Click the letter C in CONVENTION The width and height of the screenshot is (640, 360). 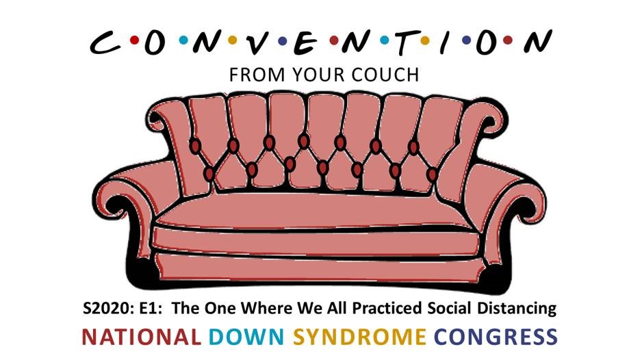tap(105, 42)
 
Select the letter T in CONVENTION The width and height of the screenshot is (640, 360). tap(405, 42)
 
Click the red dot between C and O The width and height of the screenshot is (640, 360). tap(133, 40)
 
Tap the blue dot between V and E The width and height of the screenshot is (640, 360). tap(281, 40)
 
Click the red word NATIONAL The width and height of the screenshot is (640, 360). tap(141, 337)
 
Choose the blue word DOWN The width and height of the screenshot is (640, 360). tap(246, 337)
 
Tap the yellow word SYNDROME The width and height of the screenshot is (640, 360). tap(359, 337)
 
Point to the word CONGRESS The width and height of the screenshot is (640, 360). tap(496, 337)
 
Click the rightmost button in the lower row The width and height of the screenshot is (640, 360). tap(432, 175)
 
